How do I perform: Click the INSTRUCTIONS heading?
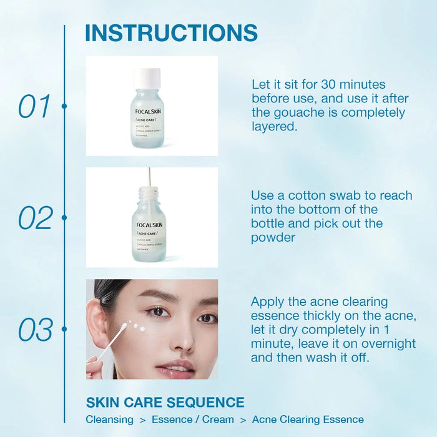[171, 33]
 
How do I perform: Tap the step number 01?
[34, 107]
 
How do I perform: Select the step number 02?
[35, 218]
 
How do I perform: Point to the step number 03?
[35, 329]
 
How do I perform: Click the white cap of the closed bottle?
[147, 77]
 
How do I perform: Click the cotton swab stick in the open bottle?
[149, 176]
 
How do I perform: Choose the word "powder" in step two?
[273, 238]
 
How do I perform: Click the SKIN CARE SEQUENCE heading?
[165, 402]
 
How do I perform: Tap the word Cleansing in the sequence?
[109, 420]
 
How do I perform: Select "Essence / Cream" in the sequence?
[193, 420]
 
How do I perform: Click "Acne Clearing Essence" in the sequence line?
[308, 420]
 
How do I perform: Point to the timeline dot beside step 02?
[64, 218]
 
